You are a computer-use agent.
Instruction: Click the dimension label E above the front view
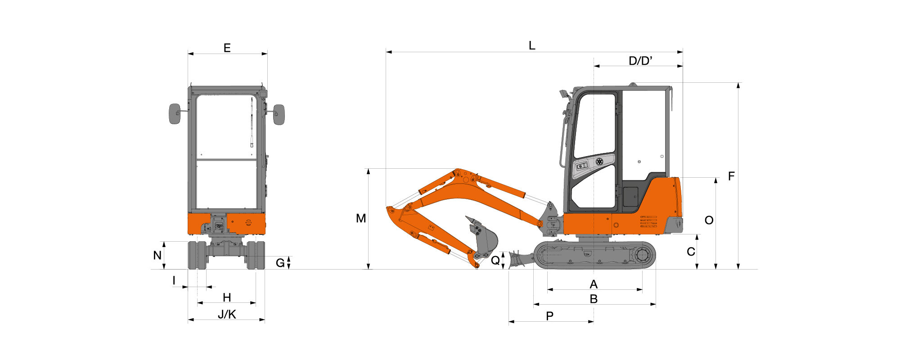tap(227, 48)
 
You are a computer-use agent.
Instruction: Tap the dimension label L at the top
tap(532, 45)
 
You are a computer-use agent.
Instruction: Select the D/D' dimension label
tap(640, 61)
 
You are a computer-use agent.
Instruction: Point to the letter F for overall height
tap(731, 176)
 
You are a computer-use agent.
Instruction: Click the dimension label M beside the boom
tap(361, 218)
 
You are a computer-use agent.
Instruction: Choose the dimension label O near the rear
tap(709, 220)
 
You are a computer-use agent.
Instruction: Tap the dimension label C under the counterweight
tap(691, 252)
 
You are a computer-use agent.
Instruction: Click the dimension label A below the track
tap(594, 284)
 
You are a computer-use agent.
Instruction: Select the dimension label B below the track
tap(594, 299)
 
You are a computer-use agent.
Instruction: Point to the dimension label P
tap(549, 316)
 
